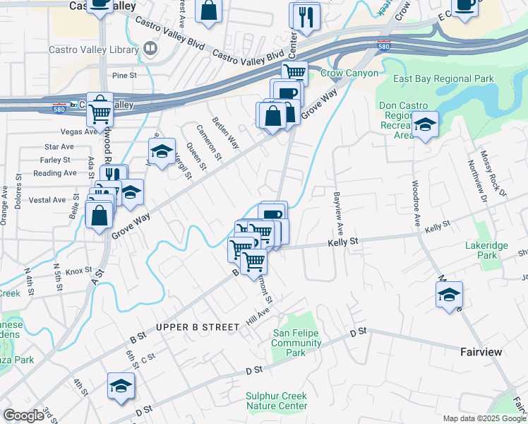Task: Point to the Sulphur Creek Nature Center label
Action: (x=276, y=401)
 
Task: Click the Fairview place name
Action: (x=481, y=351)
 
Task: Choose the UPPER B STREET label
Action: (x=198, y=327)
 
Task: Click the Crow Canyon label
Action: (x=349, y=73)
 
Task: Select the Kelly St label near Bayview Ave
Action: (x=343, y=242)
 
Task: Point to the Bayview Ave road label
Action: (x=338, y=212)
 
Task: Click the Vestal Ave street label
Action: (x=47, y=200)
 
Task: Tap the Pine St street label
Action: (x=124, y=74)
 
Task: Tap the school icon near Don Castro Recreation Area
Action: (x=425, y=125)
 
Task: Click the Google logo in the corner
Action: (x=23, y=416)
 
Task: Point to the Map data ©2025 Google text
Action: (x=484, y=418)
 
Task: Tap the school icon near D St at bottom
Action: (x=121, y=385)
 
